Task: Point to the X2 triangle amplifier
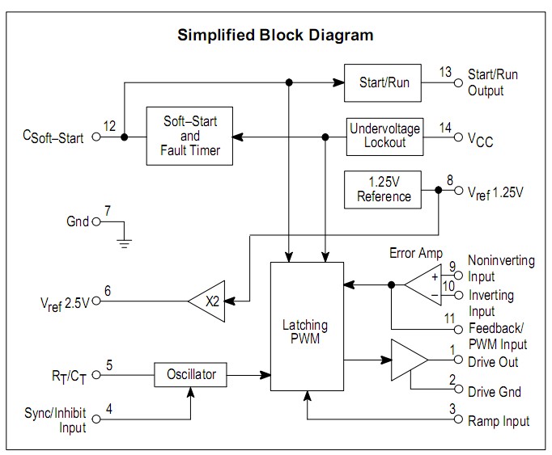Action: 208,302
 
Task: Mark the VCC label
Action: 480,141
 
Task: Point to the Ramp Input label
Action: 499,421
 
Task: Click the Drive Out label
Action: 493,362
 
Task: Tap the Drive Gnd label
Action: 494,392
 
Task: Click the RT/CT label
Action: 67,376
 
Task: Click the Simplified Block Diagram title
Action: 276,35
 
